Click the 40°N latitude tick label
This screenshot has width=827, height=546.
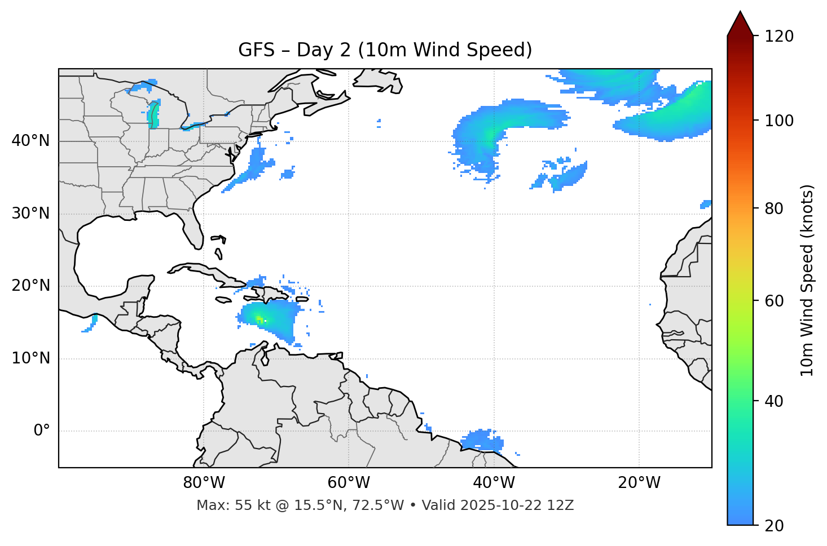click(30, 141)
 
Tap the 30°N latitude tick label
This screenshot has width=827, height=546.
click(30, 214)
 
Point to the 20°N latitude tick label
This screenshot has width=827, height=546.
click(30, 286)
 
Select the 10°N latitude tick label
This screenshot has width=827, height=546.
click(30, 358)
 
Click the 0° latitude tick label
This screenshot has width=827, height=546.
click(42, 431)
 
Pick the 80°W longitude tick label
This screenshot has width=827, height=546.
click(204, 483)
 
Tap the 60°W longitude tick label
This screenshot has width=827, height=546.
click(349, 483)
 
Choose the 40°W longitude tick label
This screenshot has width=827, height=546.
click(494, 483)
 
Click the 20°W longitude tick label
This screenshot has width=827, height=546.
click(639, 483)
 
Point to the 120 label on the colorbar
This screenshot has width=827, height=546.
click(779, 36)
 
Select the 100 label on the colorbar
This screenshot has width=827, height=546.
click(779, 121)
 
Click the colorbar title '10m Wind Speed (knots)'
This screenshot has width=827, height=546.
click(807, 280)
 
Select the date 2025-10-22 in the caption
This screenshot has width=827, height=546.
click(502, 505)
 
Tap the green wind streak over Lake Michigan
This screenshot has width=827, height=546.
click(153, 114)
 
